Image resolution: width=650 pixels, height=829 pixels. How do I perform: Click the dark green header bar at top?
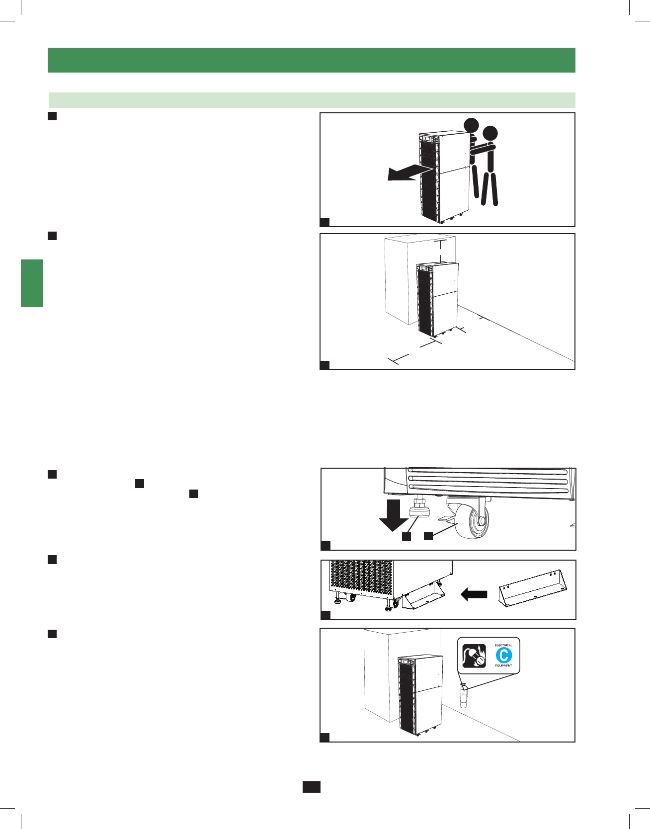311,60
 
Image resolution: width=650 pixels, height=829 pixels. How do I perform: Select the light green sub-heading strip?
311,100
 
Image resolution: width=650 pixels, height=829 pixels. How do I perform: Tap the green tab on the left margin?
32,283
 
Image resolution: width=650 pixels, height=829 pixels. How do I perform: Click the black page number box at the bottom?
312,787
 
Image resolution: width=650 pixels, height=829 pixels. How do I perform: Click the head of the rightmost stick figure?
490,133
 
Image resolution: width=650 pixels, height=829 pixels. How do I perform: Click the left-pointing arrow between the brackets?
474,594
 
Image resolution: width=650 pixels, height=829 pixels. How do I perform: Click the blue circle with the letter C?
503,656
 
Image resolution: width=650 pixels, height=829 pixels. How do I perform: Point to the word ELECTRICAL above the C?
503,645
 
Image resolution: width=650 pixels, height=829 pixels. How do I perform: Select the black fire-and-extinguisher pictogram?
474,656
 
